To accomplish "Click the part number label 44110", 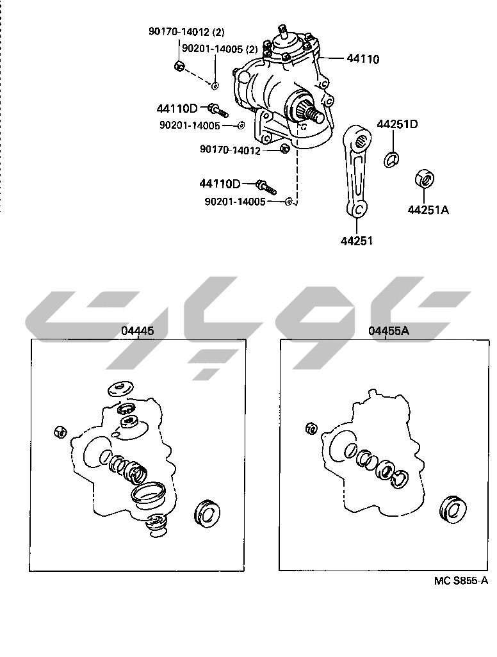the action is (x=363, y=59).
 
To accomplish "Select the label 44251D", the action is (x=397, y=124).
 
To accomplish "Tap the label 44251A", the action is (x=428, y=209).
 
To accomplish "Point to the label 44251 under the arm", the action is (x=356, y=241).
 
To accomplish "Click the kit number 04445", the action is (x=138, y=330).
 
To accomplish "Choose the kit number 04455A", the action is (x=389, y=330).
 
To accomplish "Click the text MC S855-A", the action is (x=461, y=580).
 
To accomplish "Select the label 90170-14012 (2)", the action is (x=186, y=31).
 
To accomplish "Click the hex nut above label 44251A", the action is (x=424, y=179).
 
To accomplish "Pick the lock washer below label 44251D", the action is (x=391, y=159).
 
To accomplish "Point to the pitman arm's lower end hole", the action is (x=358, y=208).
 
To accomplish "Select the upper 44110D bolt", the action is (x=218, y=110).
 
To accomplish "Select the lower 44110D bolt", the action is (x=266, y=187).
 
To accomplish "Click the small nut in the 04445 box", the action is (x=60, y=431).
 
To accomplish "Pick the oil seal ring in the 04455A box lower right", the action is (x=453, y=510).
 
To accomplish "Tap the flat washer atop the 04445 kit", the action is (x=120, y=389).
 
